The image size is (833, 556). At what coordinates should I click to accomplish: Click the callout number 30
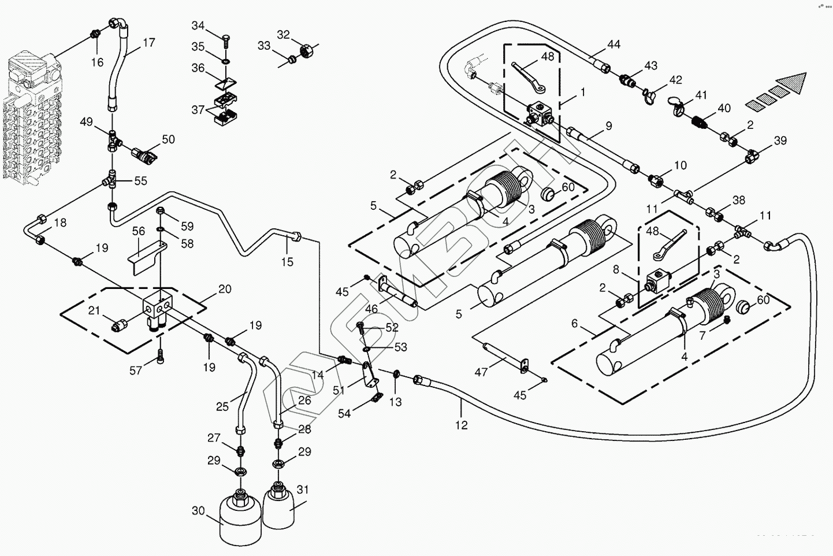pyautogui.click(x=198, y=511)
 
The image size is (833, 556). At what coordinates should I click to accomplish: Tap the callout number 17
pyautogui.click(x=148, y=43)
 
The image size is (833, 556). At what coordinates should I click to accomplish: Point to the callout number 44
pyautogui.click(x=613, y=45)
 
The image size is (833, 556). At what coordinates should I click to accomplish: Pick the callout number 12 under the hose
pyautogui.click(x=462, y=425)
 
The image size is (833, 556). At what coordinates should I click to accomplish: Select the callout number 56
pyautogui.click(x=138, y=231)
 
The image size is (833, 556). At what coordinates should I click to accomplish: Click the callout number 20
pyautogui.click(x=225, y=288)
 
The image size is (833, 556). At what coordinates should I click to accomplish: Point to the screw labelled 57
pyautogui.click(x=161, y=358)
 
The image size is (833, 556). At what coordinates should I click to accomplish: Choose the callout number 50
pyautogui.click(x=168, y=139)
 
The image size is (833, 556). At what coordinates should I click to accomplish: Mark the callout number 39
pyautogui.click(x=780, y=140)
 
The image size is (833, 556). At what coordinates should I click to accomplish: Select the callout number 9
pyautogui.click(x=608, y=125)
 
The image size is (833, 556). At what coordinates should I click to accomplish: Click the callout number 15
pyautogui.click(x=287, y=262)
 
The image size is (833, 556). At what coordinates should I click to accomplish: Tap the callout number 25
pyautogui.click(x=222, y=407)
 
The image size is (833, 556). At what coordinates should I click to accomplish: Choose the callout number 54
pyautogui.click(x=344, y=413)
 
